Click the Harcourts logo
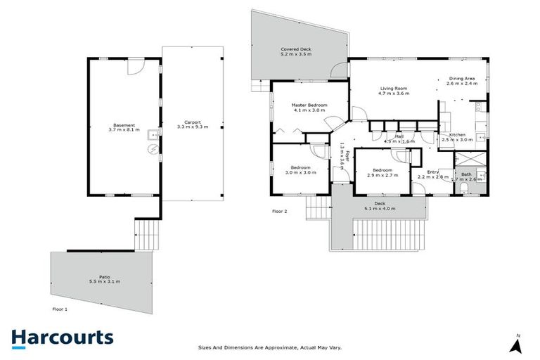(62, 337)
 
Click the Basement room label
(124, 125)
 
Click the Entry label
(432, 172)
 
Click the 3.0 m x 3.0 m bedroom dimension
(300, 172)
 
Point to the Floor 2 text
(280, 210)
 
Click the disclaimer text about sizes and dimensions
(270, 347)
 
